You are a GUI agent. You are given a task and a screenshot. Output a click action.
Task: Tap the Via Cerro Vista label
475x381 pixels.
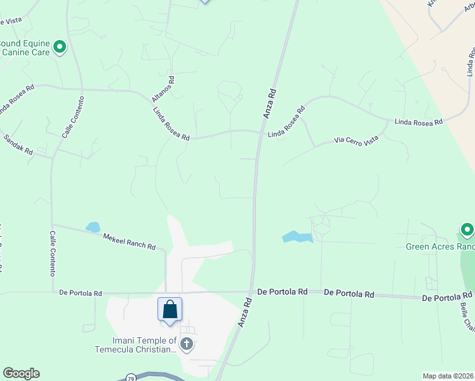(356, 142)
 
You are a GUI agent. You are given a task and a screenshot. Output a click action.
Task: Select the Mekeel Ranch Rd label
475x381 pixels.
(130, 241)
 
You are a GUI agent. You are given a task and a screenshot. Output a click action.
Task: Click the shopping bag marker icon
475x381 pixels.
(170, 310)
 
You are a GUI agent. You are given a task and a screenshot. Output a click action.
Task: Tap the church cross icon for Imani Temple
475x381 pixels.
(186, 345)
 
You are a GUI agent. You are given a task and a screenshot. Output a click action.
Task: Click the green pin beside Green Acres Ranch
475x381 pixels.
(467, 229)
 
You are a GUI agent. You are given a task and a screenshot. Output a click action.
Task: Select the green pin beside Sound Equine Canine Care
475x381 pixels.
(60, 46)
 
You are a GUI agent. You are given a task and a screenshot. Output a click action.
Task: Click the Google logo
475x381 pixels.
(21, 373)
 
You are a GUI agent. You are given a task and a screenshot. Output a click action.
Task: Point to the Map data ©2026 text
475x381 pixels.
(448, 376)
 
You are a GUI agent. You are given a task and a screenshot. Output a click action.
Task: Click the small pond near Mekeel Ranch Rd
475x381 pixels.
(93, 227)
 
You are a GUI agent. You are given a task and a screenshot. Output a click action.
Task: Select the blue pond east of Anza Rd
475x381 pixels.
(297, 237)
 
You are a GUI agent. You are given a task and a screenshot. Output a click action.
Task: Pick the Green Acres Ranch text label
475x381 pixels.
(440, 246)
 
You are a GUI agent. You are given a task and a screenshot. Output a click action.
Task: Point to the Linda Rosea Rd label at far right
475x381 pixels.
(418, 121)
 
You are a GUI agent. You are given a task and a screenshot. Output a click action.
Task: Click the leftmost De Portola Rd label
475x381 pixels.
(81, 293)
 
